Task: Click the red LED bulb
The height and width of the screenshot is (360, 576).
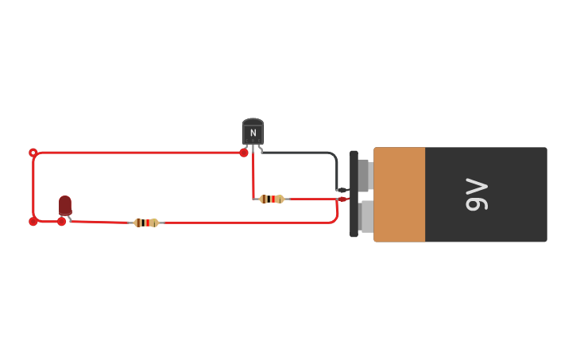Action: [65, 204]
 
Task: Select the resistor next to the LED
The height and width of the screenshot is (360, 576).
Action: [146, 223]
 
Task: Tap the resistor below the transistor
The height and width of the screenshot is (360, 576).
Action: [272, 199]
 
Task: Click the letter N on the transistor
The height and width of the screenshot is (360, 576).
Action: [253, 133]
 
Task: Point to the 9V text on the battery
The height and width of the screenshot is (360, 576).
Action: [476, 195]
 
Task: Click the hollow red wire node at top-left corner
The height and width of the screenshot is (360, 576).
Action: [33, 153]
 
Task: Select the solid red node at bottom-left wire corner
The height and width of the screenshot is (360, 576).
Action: [33, 222]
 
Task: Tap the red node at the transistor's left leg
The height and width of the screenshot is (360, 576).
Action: [244, 153]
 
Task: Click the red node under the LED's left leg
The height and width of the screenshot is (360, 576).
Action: [61, 222]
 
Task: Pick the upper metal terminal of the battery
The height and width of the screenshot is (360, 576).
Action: [364, 176]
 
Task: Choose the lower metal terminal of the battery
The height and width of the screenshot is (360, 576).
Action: [365, 216]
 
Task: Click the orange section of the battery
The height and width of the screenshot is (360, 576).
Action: [399, 195]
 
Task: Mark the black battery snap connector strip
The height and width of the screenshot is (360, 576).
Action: [354, 195]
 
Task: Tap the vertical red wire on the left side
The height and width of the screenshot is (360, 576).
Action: [33, 187]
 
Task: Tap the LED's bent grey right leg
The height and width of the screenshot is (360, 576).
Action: [70, 217]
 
